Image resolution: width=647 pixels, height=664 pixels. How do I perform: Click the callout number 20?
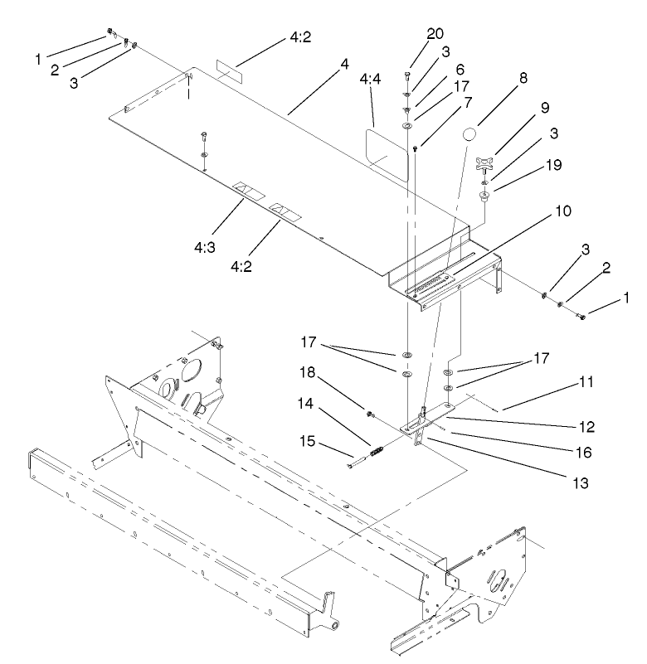coord(435,34)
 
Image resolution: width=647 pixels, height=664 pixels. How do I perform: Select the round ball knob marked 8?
coord(471,135)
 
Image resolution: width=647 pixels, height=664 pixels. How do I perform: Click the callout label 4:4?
coord(372,80)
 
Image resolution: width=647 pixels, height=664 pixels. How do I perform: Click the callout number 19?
coord(552,165)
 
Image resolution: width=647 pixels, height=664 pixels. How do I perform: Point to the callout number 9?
coord(546,108)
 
